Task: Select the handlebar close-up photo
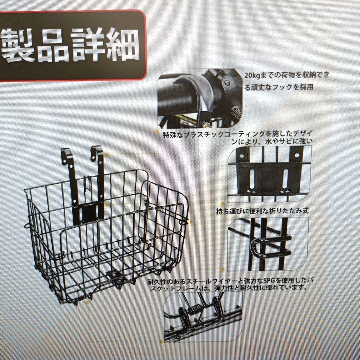(200, 98)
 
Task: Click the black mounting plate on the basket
(88, 213)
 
